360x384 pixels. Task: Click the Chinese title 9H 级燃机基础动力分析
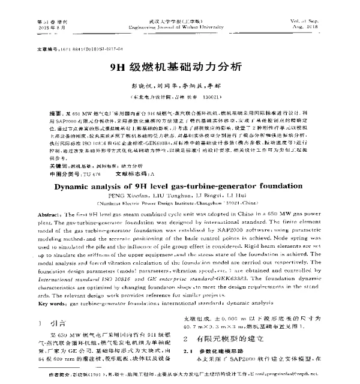click(179, 67)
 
